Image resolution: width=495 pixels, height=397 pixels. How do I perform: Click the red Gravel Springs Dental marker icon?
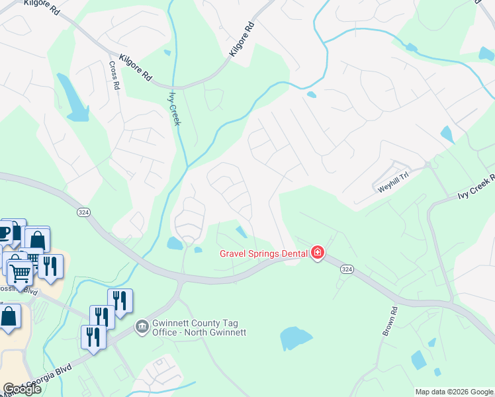318,253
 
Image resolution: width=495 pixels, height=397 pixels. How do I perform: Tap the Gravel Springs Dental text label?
263,253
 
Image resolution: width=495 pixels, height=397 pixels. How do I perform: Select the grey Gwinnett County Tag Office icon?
142,326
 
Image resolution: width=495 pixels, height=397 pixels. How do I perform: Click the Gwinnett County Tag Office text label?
199,328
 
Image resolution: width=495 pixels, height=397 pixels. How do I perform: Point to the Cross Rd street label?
114,75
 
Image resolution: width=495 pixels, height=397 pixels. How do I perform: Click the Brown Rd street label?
389,320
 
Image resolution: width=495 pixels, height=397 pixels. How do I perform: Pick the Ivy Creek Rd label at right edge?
476,187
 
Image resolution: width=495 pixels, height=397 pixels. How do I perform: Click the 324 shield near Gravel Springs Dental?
347,269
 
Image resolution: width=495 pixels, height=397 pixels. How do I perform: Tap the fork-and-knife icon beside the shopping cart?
50,266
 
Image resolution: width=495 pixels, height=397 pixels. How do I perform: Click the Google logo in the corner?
21,389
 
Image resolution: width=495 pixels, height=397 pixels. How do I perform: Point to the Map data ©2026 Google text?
454,392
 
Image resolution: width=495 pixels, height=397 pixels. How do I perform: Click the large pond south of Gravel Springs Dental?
296,338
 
